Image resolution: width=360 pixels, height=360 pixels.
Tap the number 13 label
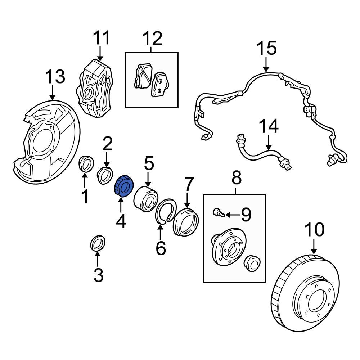click(x=55, y=77)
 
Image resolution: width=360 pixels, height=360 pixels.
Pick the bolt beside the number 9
click(x=218, y=213)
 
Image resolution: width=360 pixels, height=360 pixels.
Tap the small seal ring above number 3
click(x=97, y=243)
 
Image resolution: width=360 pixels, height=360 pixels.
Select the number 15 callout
click(x=266, y=48)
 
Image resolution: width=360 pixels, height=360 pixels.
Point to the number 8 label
click(x=235, y=178)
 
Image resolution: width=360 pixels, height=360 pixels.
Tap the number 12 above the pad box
click(x=153, y=38)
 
